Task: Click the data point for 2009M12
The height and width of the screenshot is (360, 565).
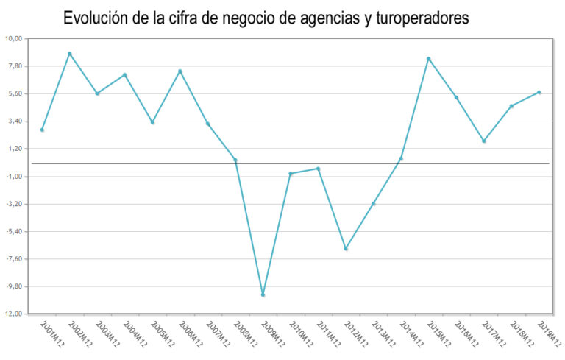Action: coord(263,294)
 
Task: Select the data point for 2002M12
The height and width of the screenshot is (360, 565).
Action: coord(70,54)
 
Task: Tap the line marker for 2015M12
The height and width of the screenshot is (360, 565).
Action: coord(428,59)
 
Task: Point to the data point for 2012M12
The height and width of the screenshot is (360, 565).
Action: coord(346,249)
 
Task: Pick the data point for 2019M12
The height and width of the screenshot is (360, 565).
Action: coord(539,92)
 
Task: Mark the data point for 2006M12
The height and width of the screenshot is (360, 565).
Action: coord(180,71)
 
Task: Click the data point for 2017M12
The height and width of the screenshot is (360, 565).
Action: coord(484,141)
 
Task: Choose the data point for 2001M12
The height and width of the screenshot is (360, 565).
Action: coord(42,130)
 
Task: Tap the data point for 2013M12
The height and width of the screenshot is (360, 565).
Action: coord(374,203)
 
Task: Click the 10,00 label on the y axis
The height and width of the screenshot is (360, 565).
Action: coord(14,39)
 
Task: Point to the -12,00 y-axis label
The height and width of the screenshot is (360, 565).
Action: coord(13,314)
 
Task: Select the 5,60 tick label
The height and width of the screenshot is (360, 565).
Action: coord(15,94)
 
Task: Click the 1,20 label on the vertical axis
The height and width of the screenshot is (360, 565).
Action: coord(15,149)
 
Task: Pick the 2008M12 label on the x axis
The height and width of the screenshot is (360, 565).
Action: coord(244,335)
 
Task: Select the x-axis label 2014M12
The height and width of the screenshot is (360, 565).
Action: coord(411,335)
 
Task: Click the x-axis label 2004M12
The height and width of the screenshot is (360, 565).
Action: coord(134,335)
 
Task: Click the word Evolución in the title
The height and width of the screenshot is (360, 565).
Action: coord(97,18)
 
